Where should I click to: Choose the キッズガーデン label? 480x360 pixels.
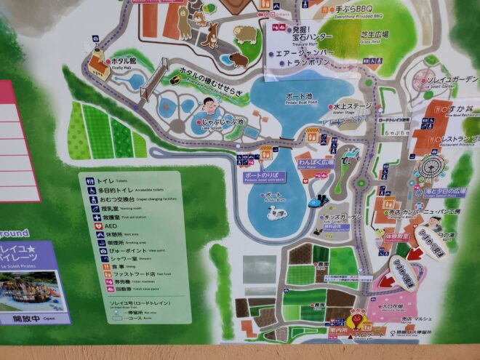tap(343, 217)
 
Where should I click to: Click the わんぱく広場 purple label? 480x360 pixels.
tap(315, 162)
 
